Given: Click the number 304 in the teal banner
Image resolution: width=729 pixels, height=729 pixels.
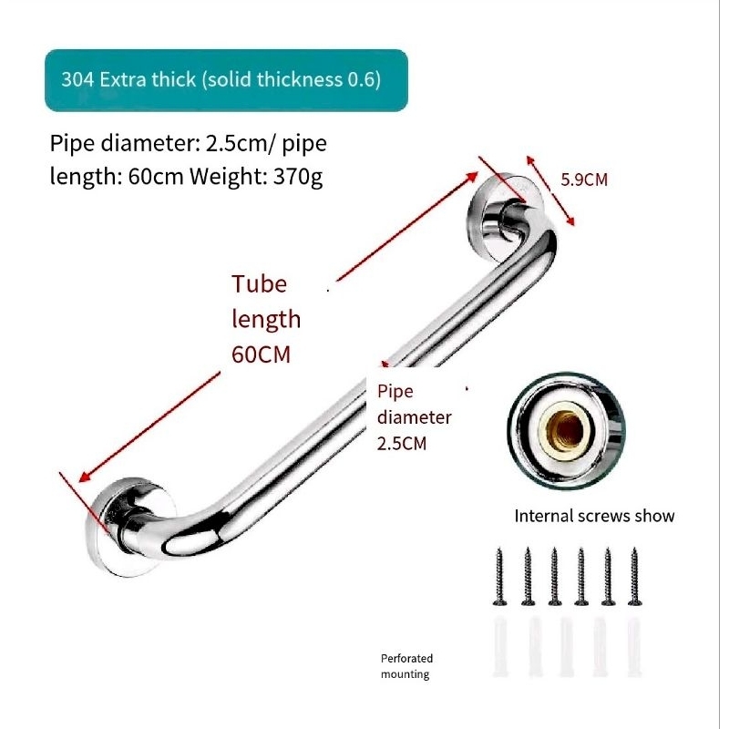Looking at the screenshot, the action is click(77, 79).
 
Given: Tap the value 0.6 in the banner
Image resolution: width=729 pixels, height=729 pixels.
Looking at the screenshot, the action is click(364, 79).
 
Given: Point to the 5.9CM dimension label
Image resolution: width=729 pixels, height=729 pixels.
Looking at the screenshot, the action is click(583, 180).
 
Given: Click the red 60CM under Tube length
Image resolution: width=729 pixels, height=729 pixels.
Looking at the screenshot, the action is click(261, 354).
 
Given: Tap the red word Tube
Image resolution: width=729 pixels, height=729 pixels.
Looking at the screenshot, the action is click(259, 283).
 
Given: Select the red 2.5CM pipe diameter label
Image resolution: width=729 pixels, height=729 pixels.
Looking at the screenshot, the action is click(402, 445).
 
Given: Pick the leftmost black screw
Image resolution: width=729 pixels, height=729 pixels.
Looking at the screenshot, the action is click(500, 577).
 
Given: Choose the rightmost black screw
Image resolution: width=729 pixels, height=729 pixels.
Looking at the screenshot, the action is click(634, 577).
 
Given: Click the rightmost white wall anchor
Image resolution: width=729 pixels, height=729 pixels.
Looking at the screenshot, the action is click(634, 648).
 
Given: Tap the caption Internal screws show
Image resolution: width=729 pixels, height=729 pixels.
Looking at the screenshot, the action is click(594, 517).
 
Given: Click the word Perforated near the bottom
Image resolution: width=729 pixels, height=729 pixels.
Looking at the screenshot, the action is click(406, 658).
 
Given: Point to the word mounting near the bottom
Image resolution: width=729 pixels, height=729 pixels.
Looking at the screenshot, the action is click(405, 674).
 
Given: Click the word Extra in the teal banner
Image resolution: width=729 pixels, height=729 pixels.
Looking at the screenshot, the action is click(125, 79).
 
